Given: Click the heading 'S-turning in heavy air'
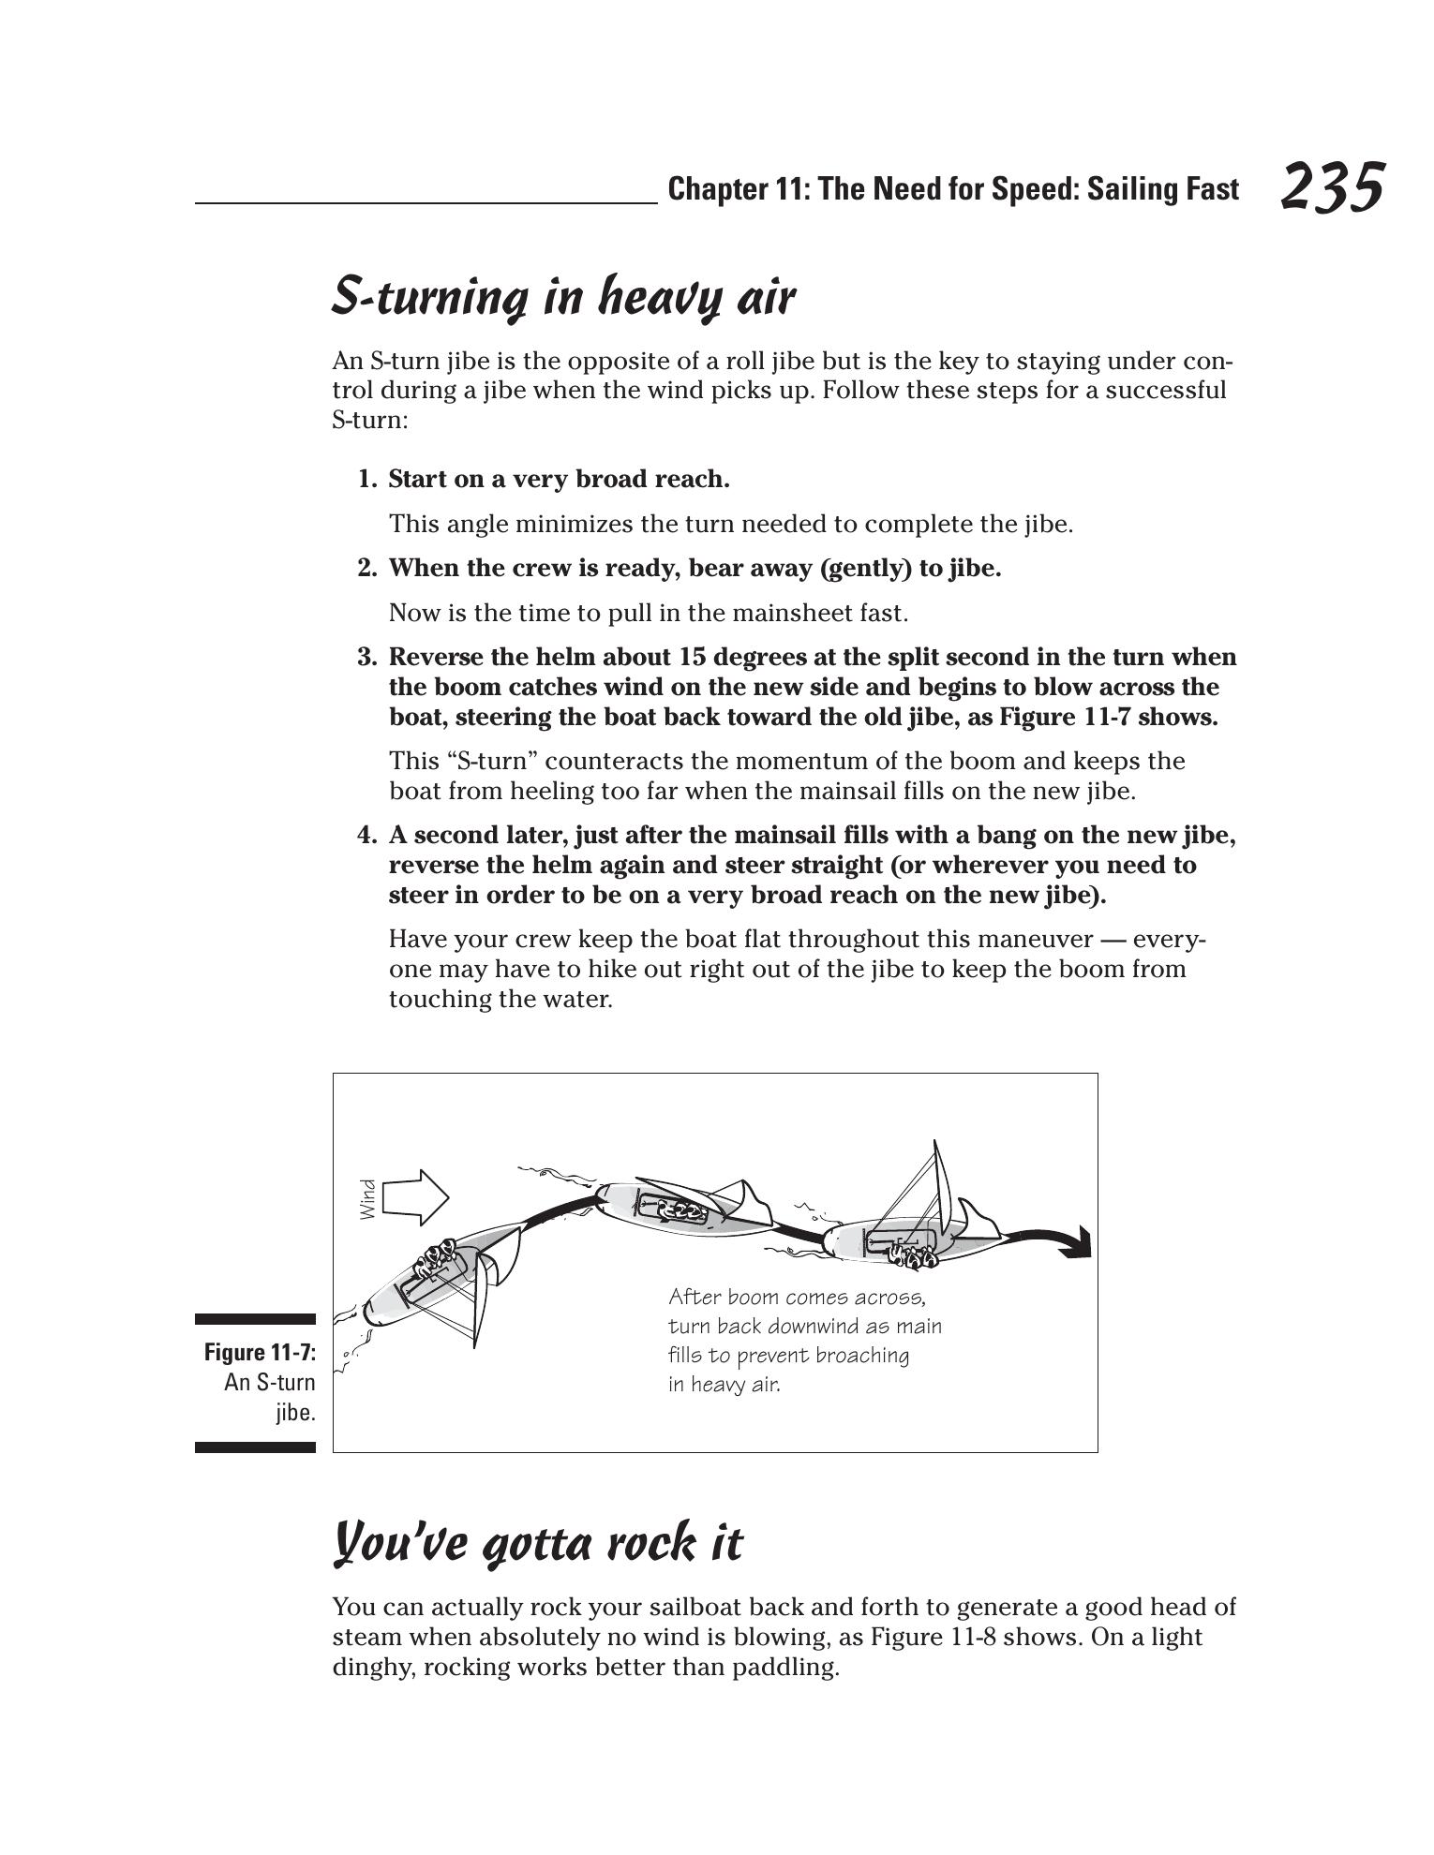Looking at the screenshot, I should (563, 297).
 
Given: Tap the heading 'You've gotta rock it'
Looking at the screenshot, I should (538, 1542).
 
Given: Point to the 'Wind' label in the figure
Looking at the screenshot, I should (368, 1199).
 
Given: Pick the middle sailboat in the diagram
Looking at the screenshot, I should (684, 1209).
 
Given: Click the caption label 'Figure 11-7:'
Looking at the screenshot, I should (260, 1352).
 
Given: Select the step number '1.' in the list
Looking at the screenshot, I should (367, 480).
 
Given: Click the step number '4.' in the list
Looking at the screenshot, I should (367, 835).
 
